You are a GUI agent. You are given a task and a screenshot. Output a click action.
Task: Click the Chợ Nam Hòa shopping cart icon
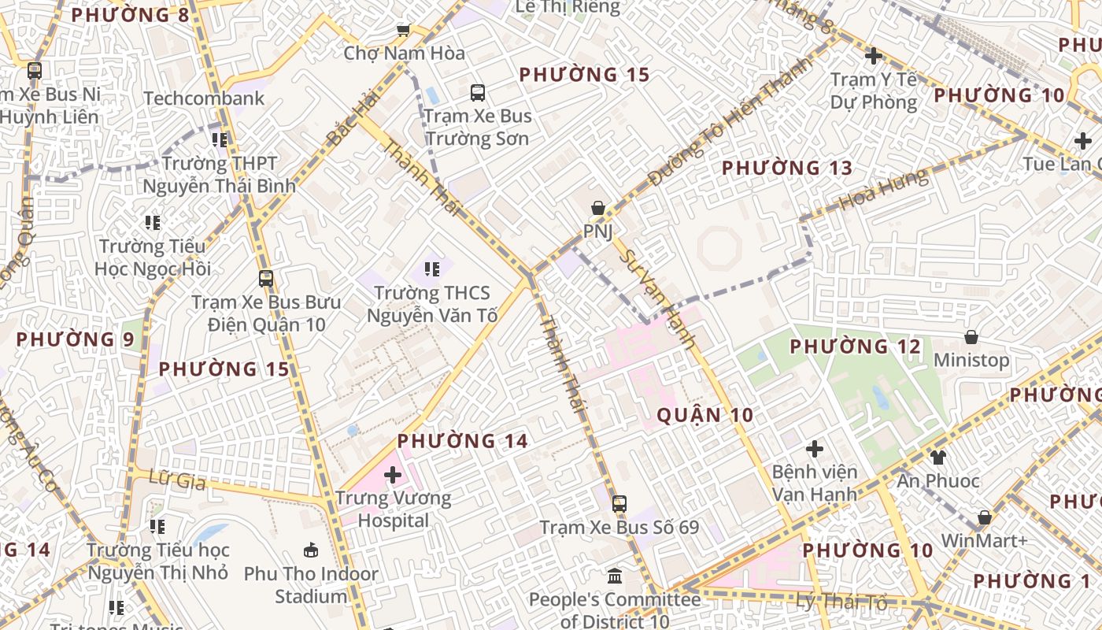coord(403,30)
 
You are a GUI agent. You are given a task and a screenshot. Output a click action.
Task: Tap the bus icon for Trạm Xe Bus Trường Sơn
coord(478,93)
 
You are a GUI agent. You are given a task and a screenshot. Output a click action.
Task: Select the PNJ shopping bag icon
coord(598,208)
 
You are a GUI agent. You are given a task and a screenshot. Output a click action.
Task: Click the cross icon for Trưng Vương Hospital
coord(393,475)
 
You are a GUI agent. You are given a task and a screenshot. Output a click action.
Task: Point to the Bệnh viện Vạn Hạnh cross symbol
coord(815,449)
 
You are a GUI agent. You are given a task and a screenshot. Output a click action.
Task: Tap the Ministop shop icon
coord(971,337)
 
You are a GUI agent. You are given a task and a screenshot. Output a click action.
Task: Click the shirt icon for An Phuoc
coord(937,457)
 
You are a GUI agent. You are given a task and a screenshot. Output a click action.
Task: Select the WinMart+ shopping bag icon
coord(984,517)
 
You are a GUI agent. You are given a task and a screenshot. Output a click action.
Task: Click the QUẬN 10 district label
coord(704,415)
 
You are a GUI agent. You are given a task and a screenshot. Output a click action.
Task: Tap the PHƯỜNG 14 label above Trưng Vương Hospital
coord(462,441)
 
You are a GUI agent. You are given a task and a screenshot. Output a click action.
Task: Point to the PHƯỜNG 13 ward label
coord(786,168)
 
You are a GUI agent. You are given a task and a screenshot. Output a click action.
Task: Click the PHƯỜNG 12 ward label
coord(855,346)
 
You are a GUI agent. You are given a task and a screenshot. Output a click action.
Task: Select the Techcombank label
coord(204,98)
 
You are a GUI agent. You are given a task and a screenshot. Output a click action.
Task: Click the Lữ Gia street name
coord(170,480)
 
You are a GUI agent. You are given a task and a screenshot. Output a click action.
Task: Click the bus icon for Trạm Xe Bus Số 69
coord(619,504)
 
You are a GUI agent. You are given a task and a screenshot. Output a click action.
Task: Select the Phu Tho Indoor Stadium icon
coord(311,550)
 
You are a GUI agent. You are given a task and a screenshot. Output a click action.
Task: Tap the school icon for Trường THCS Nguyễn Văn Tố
coord(432,269)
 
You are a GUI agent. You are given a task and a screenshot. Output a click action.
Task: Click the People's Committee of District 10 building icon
coord(615,576)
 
